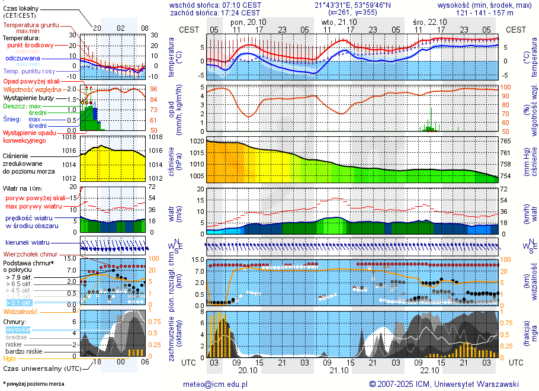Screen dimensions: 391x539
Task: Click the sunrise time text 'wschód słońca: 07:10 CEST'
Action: click(x=215, y=5)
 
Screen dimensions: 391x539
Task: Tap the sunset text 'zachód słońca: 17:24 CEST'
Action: click(x=215, y=12)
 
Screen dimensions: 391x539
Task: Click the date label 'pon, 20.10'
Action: click(x=248, y=21)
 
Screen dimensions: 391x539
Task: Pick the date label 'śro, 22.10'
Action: click(x=429, y=21)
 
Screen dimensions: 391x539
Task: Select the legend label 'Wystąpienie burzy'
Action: click(x=30, y=97)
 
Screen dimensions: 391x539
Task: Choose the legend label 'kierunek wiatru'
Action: click(x=28, y=243)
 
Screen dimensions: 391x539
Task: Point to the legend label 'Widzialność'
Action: click(x=21, y=311)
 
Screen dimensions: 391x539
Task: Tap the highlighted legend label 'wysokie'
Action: click(x=18, y=329)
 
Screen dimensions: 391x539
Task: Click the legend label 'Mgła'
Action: click(x=9, y=358)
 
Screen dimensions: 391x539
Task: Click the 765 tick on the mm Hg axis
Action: click(x=507, y=142)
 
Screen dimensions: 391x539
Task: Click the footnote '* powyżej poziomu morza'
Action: click(x=34, y=384)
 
